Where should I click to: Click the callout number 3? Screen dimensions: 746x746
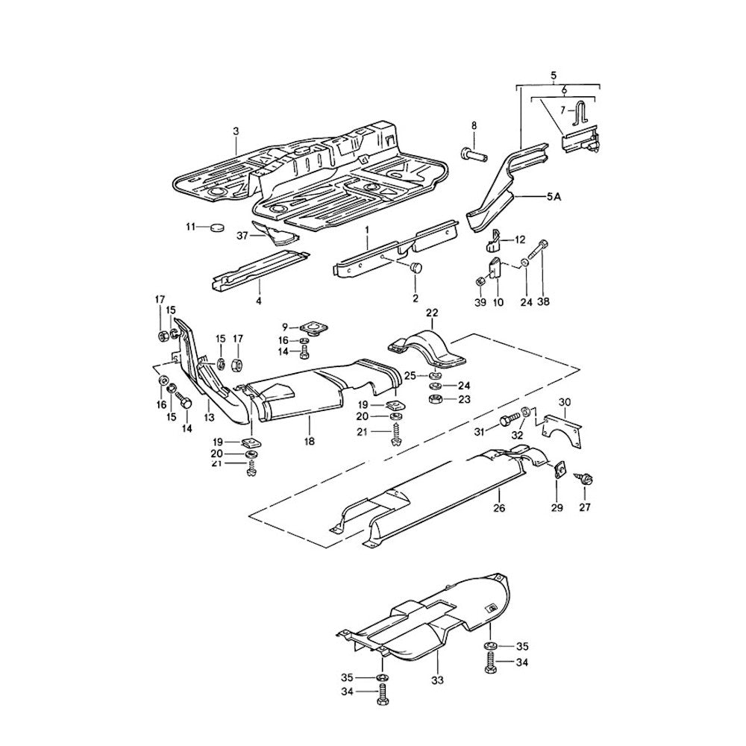[x=236, y=131]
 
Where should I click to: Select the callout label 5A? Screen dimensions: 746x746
[x=554, y=196]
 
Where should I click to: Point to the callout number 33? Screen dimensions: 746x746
[x=437, y=680]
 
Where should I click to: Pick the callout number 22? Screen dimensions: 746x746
[x=432, y=312]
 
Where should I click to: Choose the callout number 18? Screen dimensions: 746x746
[x=309, y=442]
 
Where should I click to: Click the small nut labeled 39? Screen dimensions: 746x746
[x=480, y=283]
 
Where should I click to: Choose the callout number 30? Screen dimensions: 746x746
[x=565, y=401]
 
